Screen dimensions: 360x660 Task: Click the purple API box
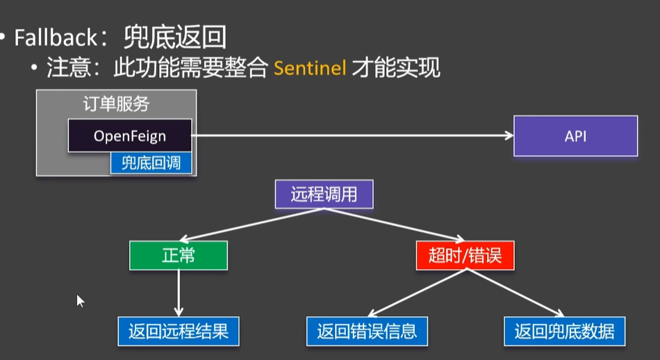pyautogui.click(x=575, y=136)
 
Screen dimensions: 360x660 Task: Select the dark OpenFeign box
pyautogui.click(x=130, y=135)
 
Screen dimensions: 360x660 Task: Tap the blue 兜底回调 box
pyautogui.click(x=151, y=163)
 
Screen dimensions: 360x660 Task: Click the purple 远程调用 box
pyautogui.click(x=324, y=194)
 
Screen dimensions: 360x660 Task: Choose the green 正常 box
pyautogui.click(x=179, y=255)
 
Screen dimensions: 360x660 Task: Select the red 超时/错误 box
pyautogui.click(x=465, y=255)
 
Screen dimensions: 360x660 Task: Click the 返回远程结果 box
pyautogui.click(x=179, y=331)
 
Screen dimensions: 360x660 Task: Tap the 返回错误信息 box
pyautogui.click(x=367, y=331)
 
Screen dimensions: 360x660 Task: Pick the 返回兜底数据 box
pyautogui.click(x=565, y=331)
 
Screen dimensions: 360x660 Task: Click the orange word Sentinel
pyautogui.click(x=310, y=69)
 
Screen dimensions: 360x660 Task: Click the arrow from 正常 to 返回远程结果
pyautogui.click(x=179, y=292)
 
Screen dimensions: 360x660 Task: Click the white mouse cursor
pyautogui.click(x=80, y=300)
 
